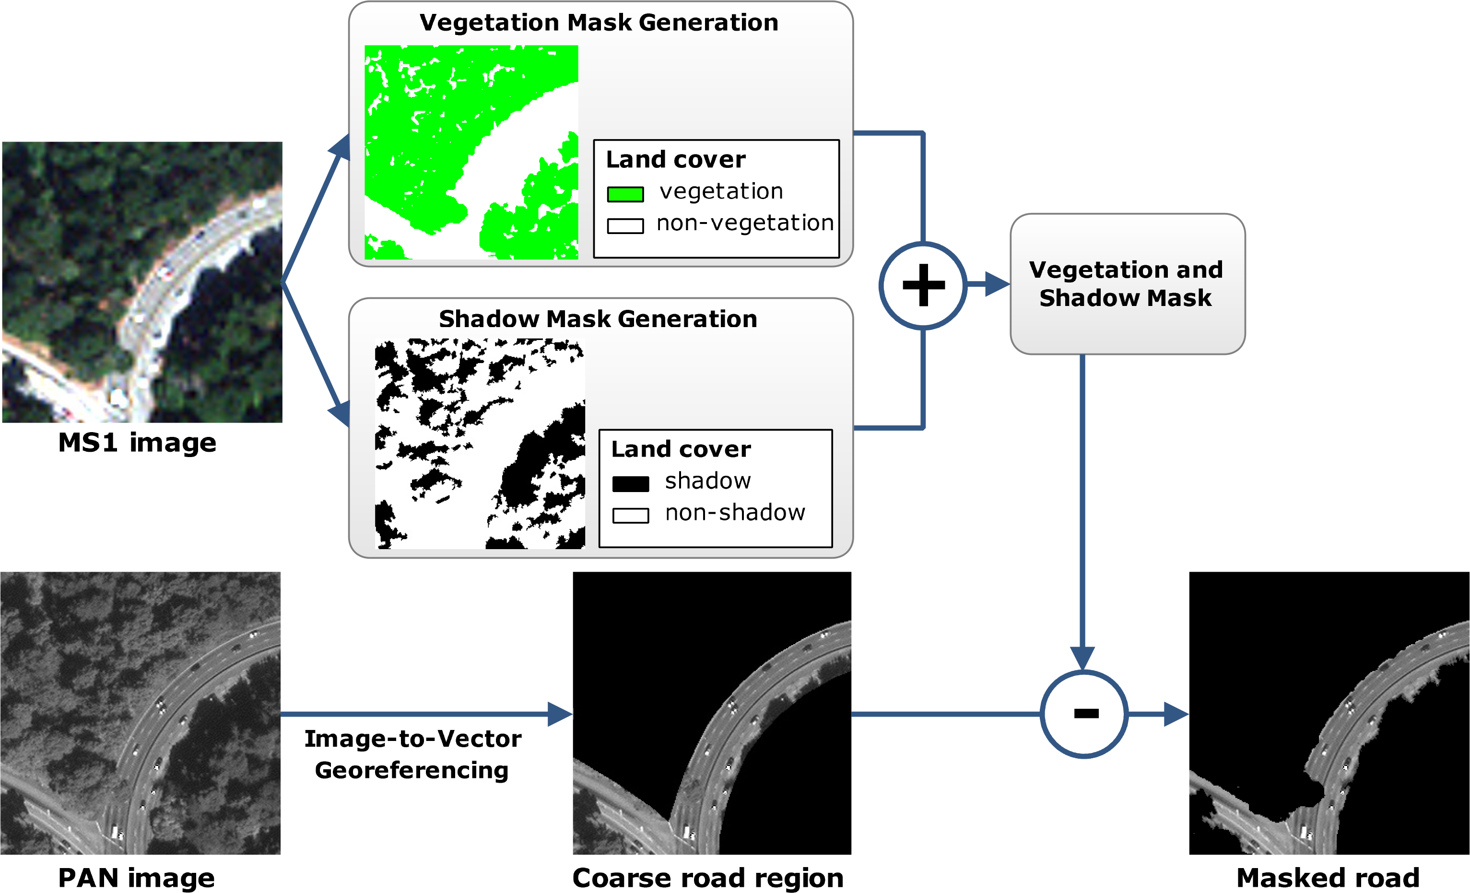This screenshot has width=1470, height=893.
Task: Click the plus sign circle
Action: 923,285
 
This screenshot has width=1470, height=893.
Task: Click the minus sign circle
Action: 1084,714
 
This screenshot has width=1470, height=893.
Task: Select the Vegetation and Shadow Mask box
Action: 1127,284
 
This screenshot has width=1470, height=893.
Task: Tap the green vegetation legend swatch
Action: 624,194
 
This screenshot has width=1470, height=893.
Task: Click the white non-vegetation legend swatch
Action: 624,225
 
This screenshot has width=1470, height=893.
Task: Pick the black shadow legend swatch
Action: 631,484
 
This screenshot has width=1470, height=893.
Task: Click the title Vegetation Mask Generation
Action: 599,23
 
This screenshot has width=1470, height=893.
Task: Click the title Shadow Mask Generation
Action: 598,319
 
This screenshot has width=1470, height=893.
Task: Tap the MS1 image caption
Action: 137,443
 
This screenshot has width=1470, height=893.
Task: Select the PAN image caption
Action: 137,878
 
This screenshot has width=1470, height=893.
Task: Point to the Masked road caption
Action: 1328,878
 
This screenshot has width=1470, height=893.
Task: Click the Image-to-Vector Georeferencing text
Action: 412,754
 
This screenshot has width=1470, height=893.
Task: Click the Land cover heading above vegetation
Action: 675,159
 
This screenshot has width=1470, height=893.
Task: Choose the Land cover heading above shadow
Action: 681,449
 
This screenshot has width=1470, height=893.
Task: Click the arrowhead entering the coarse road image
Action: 560,714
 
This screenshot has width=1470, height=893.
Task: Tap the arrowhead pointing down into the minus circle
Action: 1082,658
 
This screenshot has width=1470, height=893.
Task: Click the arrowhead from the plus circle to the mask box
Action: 996,284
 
